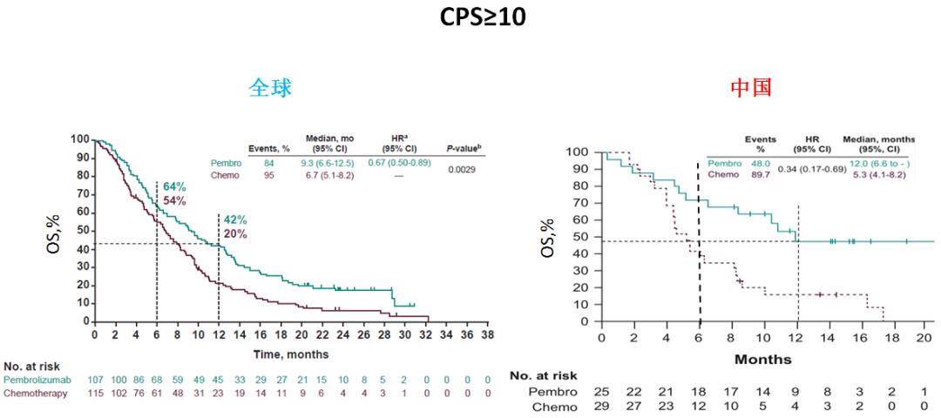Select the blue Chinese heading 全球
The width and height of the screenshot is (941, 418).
coord(270,88)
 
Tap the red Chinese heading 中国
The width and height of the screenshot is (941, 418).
coord(751,88)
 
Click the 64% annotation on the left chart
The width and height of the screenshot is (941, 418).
coord(174,186)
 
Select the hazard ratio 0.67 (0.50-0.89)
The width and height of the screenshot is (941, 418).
coord(400,163)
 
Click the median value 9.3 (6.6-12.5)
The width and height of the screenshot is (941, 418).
coord(327,163)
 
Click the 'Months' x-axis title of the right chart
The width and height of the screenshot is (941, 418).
coord(763,359)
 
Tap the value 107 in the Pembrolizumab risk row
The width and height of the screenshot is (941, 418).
coord(96,381)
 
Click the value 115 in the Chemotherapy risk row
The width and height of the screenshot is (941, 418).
coord(96,394)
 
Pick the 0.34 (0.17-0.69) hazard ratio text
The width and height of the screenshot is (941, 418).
coord(810,168)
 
